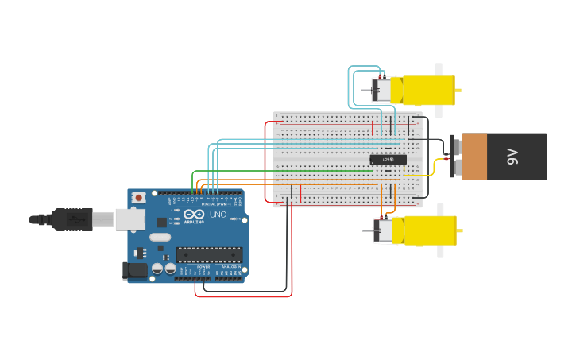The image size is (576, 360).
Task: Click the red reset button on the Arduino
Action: pyautogui.click(x=139, y=197)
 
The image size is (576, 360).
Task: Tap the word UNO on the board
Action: pyautogui.click(x=218, y=215)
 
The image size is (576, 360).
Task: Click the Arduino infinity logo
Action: pyautogui.click(x=194, y=214)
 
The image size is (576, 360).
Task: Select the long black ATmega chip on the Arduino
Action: pyautogui.click(x=209, y=254)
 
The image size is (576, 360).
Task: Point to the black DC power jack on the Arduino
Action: pyautogui.click(x=135, y=270)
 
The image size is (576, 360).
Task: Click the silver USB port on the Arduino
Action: pyautogui.click(x=130, y=219)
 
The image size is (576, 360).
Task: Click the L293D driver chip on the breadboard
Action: pyautogui.click(x=388, y=160)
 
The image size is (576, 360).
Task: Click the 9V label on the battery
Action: pyautogui.click(x=512, y=157)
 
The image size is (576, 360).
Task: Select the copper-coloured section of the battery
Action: pyautogui.click(x=474, y=157)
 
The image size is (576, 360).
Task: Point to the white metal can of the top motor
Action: pyautogui.click(x=382, y=90)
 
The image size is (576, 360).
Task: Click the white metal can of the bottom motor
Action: pyautogui.click(x=383, y=231)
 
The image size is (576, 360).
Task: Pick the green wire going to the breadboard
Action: pyautogui.click(x=278, y=171)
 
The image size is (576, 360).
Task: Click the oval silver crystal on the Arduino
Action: pyautogui.click(x=160, y=237)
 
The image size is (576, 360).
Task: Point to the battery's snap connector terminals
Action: pyautogui.click(x=453, y=157)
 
